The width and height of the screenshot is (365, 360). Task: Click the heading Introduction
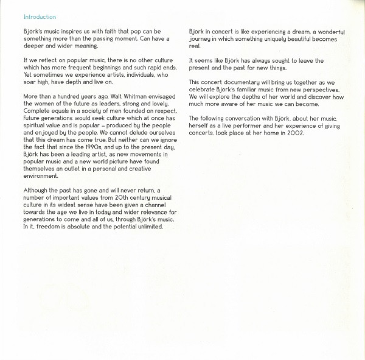tap(40, 16)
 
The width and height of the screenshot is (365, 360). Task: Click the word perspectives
tap(308, 88)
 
